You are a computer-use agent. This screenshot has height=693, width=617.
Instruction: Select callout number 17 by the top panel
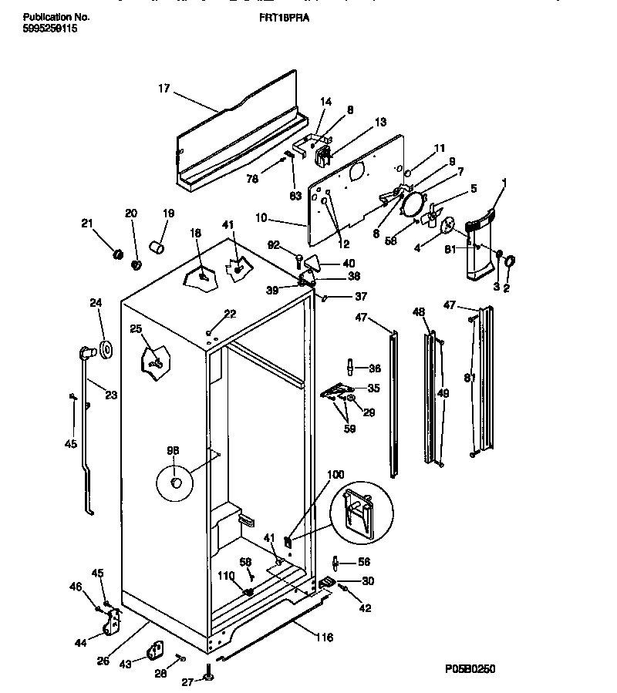click(164, 89)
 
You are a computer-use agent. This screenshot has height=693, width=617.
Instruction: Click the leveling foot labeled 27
click(208, 676)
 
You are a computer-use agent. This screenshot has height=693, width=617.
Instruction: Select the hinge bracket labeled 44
click(115, 621)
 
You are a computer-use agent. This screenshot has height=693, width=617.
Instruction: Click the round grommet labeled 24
click(103, 351)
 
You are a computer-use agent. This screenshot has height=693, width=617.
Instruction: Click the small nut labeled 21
click(119, 254)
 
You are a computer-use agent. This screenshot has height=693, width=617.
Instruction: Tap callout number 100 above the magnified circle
click(337, 476)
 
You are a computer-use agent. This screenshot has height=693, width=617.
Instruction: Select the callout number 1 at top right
click(505, 184)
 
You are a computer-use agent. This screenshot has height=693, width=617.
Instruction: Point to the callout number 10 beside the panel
click(261, 218)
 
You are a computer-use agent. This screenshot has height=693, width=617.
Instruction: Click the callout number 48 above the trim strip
click(419, 314)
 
